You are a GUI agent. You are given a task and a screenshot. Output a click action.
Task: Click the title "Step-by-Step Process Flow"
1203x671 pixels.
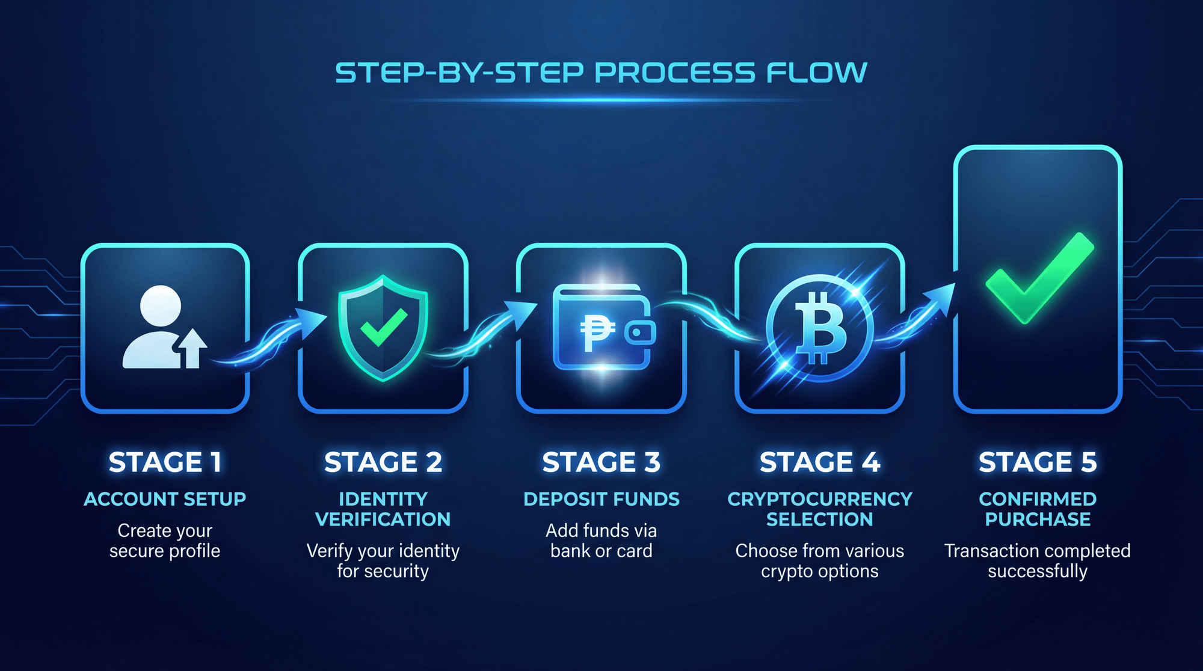click(601, 73)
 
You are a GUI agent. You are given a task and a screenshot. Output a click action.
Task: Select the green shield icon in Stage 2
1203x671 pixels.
click(383, 328)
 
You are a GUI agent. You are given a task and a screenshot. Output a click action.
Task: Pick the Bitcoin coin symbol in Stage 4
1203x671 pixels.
click(819, 328)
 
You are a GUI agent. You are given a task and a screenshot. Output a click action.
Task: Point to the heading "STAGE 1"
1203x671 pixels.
click(165, 462)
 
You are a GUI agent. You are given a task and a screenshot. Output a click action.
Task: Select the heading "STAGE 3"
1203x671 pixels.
click(601, 462)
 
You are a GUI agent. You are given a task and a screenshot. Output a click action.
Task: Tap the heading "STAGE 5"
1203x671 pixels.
click(1038, 462)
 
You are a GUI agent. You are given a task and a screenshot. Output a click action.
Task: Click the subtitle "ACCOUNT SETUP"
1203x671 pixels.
click(165, 499)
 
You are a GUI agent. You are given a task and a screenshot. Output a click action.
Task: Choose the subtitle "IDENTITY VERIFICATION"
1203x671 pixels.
click(383, 509)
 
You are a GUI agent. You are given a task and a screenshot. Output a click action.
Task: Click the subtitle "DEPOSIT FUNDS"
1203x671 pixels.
click(601, 499)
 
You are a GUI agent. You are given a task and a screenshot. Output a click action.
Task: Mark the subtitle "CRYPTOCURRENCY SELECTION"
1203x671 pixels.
click(819, 509)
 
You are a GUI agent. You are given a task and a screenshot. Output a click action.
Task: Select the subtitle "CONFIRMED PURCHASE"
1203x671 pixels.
click(1038, 509)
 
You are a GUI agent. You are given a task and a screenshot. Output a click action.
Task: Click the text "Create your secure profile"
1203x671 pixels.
click(165, 541)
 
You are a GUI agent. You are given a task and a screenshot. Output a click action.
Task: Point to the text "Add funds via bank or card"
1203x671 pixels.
click(601, 541)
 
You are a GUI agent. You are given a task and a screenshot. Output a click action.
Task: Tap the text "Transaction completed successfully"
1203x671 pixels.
click(1038, 561)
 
